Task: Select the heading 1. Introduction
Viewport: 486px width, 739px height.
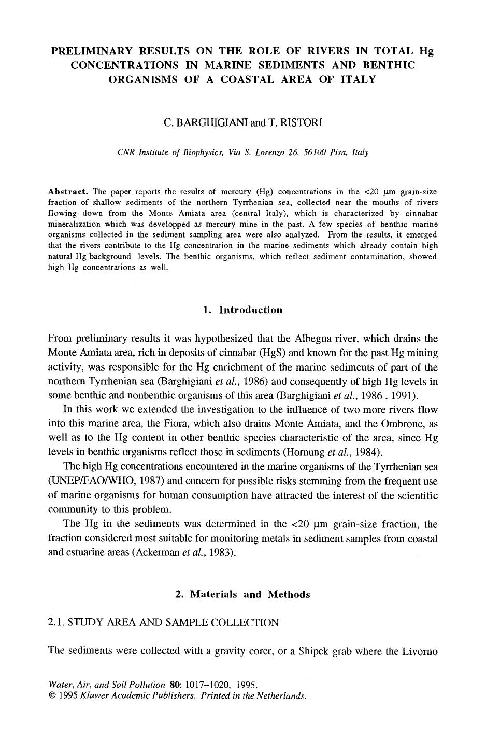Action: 243,310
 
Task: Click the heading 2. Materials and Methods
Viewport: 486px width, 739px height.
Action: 243,594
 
